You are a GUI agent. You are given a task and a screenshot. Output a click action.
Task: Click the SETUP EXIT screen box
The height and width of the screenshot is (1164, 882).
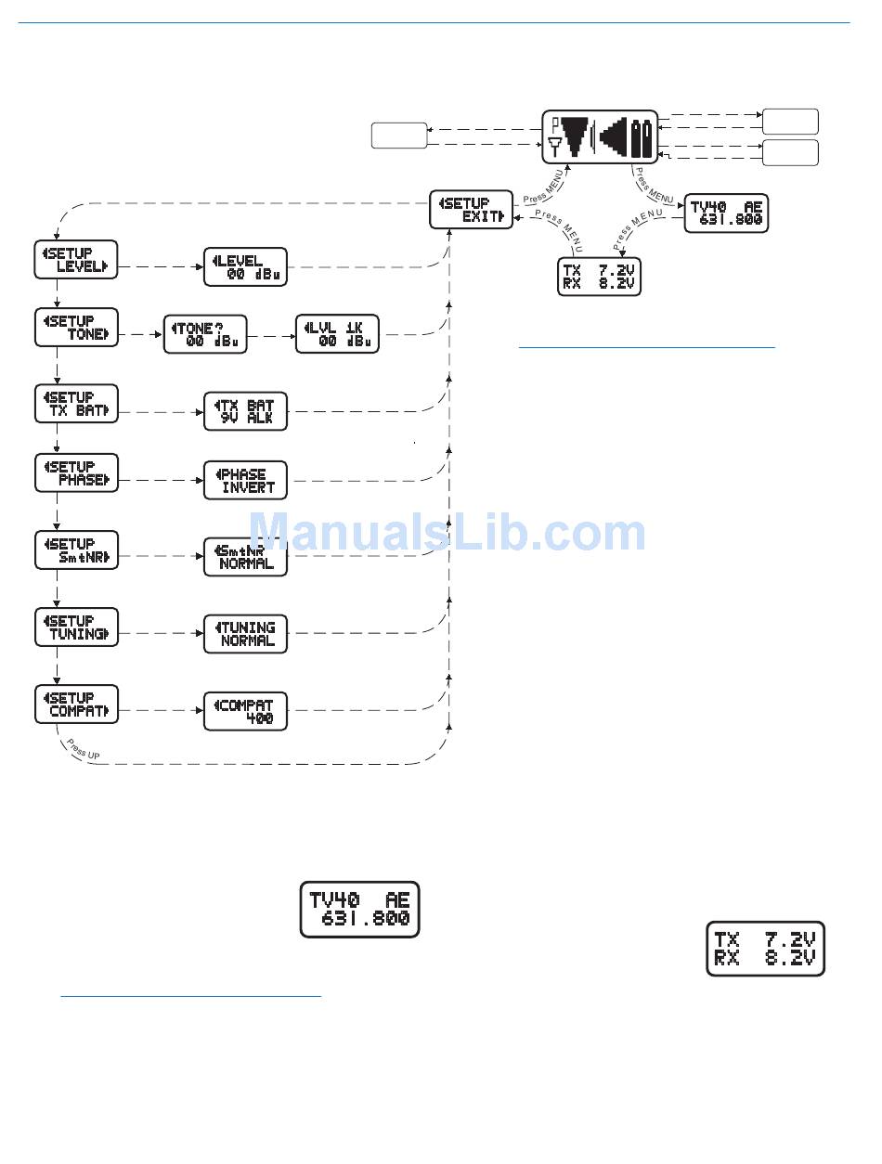[x=472, y=209]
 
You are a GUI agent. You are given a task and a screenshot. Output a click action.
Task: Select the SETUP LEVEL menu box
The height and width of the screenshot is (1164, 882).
[x=76, y=260]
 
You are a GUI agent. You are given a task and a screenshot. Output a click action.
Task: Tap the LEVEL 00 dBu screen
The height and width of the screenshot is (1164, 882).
[x=245, y=267]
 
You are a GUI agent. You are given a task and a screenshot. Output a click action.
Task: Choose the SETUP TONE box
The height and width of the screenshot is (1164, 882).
[x=76, y=328]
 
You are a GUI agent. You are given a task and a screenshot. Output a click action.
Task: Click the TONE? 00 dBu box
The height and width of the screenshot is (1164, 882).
[x=205, y=334]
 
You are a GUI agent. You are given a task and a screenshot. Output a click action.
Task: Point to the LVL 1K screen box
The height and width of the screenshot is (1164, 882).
[x=337, y=334]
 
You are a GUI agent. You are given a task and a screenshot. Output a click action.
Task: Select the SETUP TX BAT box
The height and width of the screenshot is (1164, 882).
[x=76, y=404]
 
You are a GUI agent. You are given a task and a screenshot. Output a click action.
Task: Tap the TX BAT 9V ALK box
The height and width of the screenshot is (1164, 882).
[x=245, y=411]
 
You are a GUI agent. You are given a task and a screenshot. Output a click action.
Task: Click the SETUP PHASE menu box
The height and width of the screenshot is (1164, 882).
[x=76, y=473]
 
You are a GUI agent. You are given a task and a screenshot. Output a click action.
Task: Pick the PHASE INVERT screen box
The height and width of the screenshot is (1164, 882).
[x=245, y=480]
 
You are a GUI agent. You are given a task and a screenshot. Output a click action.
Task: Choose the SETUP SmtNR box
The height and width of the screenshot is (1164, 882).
[x=76, y=550]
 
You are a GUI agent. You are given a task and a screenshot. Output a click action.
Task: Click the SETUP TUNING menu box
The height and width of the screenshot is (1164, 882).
[x=76, y=627]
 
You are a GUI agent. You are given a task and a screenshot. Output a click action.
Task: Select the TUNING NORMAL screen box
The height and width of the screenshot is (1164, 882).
[x=245, y=634]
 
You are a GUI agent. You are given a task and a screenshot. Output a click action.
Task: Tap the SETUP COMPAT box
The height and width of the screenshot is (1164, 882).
[x=76, y=705]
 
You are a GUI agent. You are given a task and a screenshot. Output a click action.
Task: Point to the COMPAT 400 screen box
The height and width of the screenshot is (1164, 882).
[x=245, y=711]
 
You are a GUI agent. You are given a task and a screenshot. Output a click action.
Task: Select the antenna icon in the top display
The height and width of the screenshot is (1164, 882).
[x=554, y=144]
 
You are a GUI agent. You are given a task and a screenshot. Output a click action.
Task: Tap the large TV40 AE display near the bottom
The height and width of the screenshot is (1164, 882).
[x=359, y=909]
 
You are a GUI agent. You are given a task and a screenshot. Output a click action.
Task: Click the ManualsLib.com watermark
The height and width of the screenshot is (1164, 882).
[x=447, y=534]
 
